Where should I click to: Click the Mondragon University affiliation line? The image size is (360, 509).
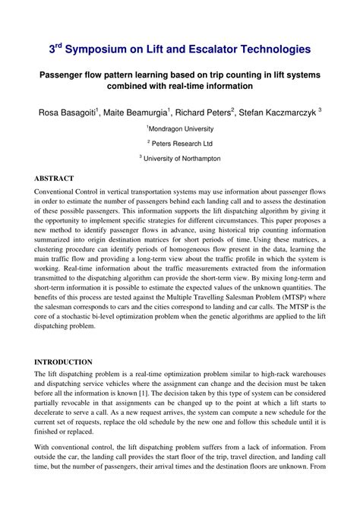click(180, 127)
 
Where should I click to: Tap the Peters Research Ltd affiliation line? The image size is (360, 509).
click(180, 142)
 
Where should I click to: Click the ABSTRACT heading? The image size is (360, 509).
click(55, 179)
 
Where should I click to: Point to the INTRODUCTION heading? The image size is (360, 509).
click(65, 362)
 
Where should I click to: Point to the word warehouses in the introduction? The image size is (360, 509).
click(306, 374)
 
